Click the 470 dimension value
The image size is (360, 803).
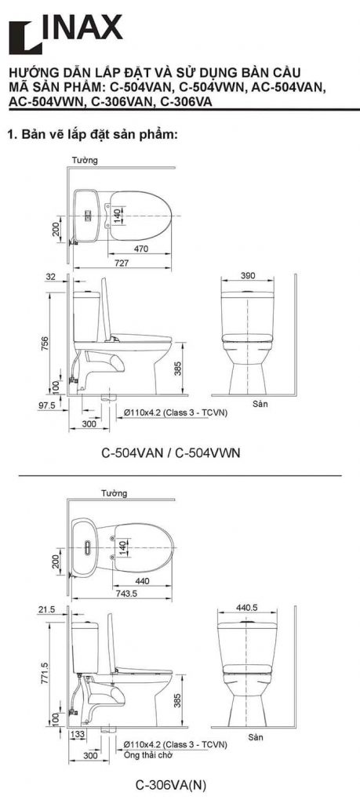141,249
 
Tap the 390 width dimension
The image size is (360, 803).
248,277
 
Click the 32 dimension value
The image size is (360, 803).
51,277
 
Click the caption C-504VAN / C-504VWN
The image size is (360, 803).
170,452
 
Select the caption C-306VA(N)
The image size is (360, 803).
172,783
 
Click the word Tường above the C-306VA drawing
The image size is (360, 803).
115,493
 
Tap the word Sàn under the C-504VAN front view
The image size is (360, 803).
260,405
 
